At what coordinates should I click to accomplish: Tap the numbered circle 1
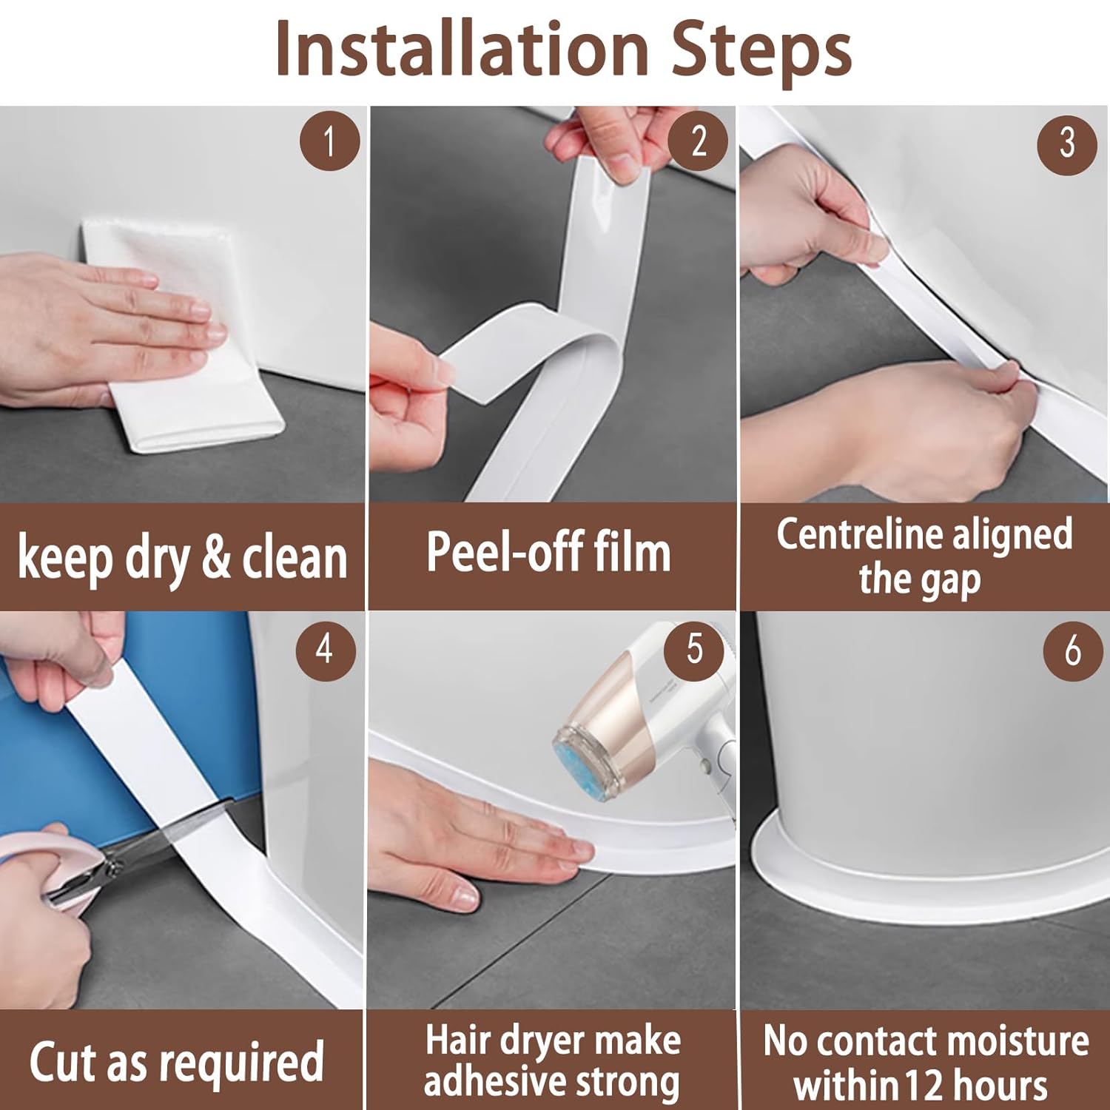329,140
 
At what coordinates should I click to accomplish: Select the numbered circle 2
698,140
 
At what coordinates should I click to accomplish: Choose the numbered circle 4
324,650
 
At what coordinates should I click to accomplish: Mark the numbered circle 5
693,648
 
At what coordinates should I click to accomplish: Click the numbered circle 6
1072,651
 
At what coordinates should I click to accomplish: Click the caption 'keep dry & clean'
182,557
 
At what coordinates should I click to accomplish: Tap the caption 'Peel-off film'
548,553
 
